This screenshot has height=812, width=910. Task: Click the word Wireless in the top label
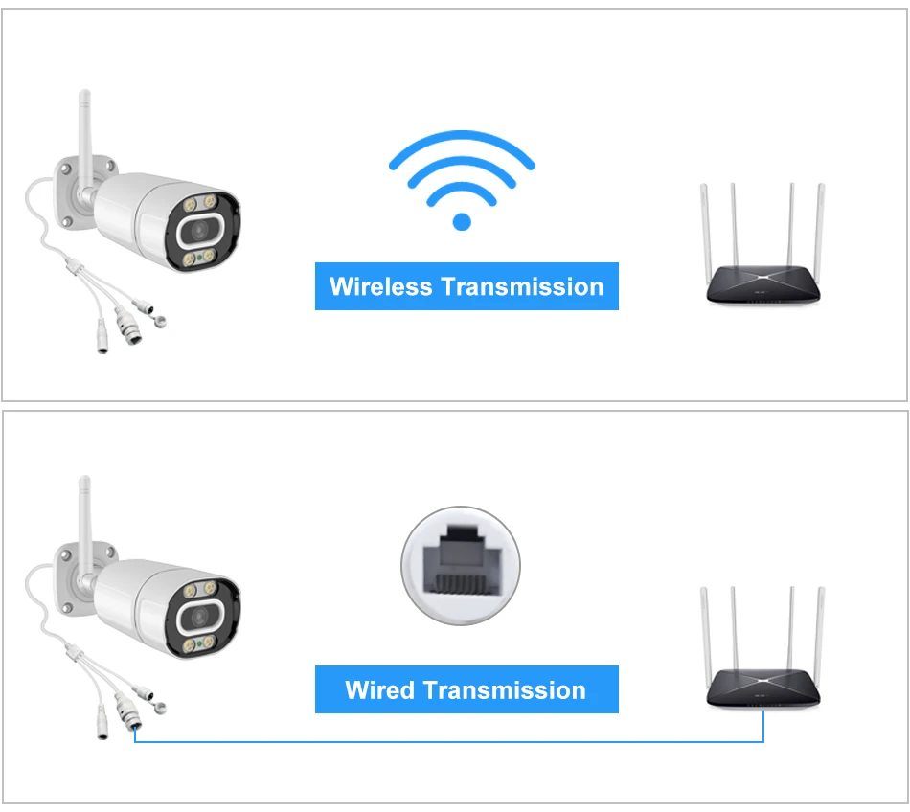[380, 286]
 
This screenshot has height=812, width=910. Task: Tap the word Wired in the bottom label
[379, 690]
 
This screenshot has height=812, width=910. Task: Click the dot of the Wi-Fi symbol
[462, 221]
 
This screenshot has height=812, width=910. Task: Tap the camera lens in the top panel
[198, 230]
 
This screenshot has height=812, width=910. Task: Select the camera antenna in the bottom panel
[84, 517]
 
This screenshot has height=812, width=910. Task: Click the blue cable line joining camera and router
[450, 742]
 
